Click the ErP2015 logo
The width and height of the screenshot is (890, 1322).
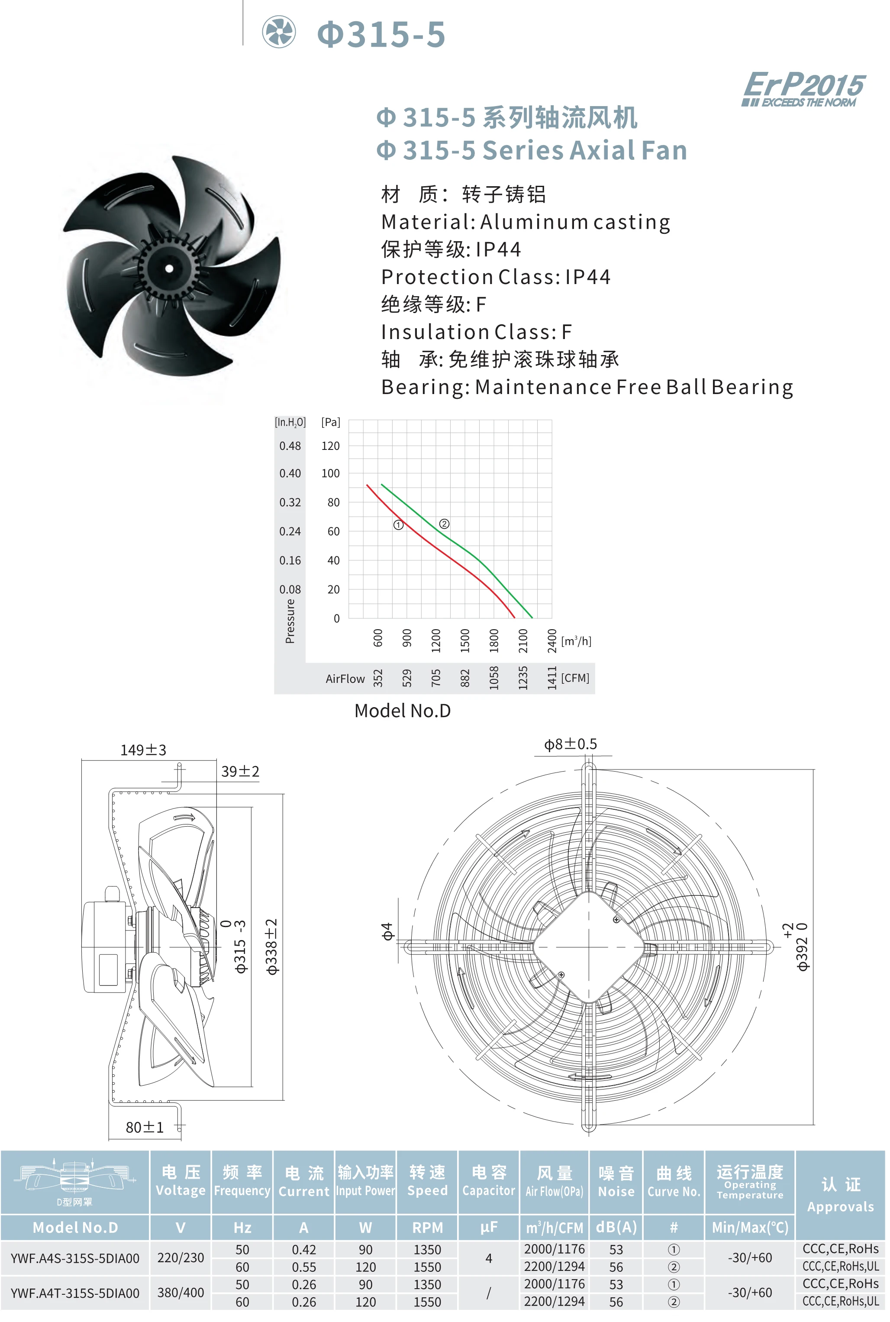(803, 88)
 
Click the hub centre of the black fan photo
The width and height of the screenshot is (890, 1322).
(169, 268)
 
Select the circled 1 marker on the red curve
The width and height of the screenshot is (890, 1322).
(398, 525)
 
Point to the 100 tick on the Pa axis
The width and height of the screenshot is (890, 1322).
(330, 473)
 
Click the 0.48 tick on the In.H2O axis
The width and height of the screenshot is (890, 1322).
(290, 446)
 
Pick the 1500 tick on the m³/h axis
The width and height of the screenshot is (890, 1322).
(465, 640)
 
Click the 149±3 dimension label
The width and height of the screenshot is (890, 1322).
(143, 750)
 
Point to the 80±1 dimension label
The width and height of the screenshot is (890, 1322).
(145, 1127)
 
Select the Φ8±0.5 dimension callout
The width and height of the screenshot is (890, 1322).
(571, 744)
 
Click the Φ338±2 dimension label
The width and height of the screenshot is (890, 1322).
(272, 947)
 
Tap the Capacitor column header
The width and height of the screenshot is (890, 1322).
(489, 1181)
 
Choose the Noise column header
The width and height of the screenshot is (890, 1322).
(616, 1182)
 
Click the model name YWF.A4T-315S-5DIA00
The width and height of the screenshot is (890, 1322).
(75, 1293)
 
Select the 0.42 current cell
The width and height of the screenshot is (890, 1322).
(304, 1249)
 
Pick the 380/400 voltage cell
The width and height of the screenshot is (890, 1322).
(181, 1293)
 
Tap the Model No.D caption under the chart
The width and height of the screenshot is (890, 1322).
(403, 711)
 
